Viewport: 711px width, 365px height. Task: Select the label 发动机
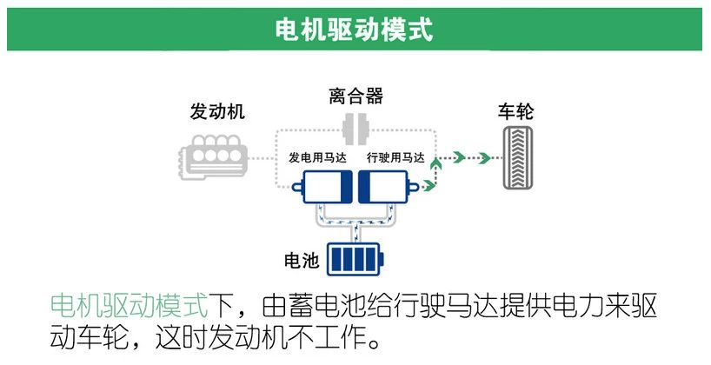[x=217, y=111]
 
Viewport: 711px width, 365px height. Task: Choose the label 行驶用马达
[x=395, y=158]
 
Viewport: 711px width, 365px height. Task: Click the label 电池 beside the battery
[x=302, y=260]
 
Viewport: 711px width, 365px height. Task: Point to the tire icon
[x=521, y=157]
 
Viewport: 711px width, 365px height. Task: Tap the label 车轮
[x=515, y=111]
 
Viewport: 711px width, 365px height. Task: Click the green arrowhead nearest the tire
[x=484, y=157]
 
